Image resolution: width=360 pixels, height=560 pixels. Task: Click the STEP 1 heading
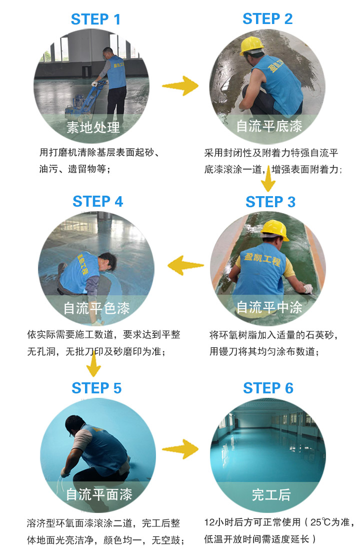coord(95,20)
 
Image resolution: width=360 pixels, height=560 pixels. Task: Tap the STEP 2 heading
coord(267,19)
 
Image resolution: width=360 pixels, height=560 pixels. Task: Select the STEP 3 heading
coord(270,202)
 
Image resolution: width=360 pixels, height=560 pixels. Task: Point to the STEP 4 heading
coord(97,201)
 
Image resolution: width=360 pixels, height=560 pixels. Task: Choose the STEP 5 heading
coord(96,388)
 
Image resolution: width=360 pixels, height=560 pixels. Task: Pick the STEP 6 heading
coord(268,388)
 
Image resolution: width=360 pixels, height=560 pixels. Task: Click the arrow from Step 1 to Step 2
coord(179,86)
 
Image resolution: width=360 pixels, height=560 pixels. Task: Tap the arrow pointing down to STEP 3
coord(268,179)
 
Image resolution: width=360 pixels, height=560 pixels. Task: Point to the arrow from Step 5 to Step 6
coord(180,449)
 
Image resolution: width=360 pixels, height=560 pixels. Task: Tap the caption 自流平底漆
coord(269,126)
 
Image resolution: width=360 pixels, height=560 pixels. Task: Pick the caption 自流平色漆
coord(96,308)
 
